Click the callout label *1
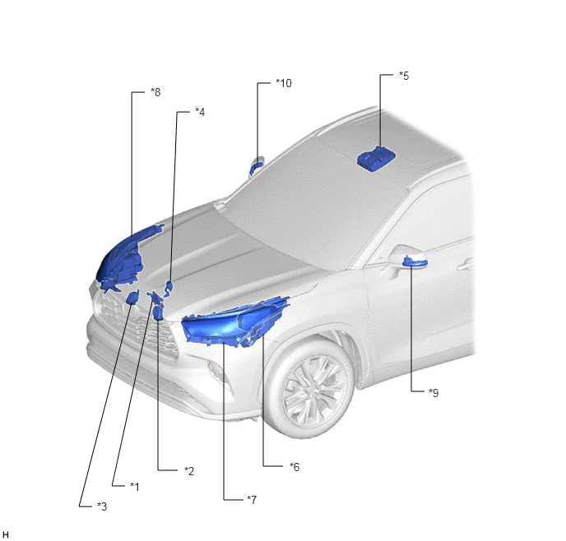[x=135, y=487]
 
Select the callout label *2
[x=189, y=471]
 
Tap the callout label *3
[x=102, y=506]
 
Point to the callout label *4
[x=200, y=112]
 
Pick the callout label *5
[x=404, y=76]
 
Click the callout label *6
[x=295, y=467]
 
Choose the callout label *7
[x=252, y=500]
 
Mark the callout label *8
[x=155, y=92]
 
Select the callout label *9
[x=434, y=392]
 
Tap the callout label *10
[x=284, y=83]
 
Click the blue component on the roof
[x=376, y=159]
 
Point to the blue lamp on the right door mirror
[x=415, y=261]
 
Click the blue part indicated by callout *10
[x=256, y=166]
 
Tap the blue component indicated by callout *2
[x=158, y=312]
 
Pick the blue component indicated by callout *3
[x=132, y=298]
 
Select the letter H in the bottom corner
[x=6, y=534]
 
